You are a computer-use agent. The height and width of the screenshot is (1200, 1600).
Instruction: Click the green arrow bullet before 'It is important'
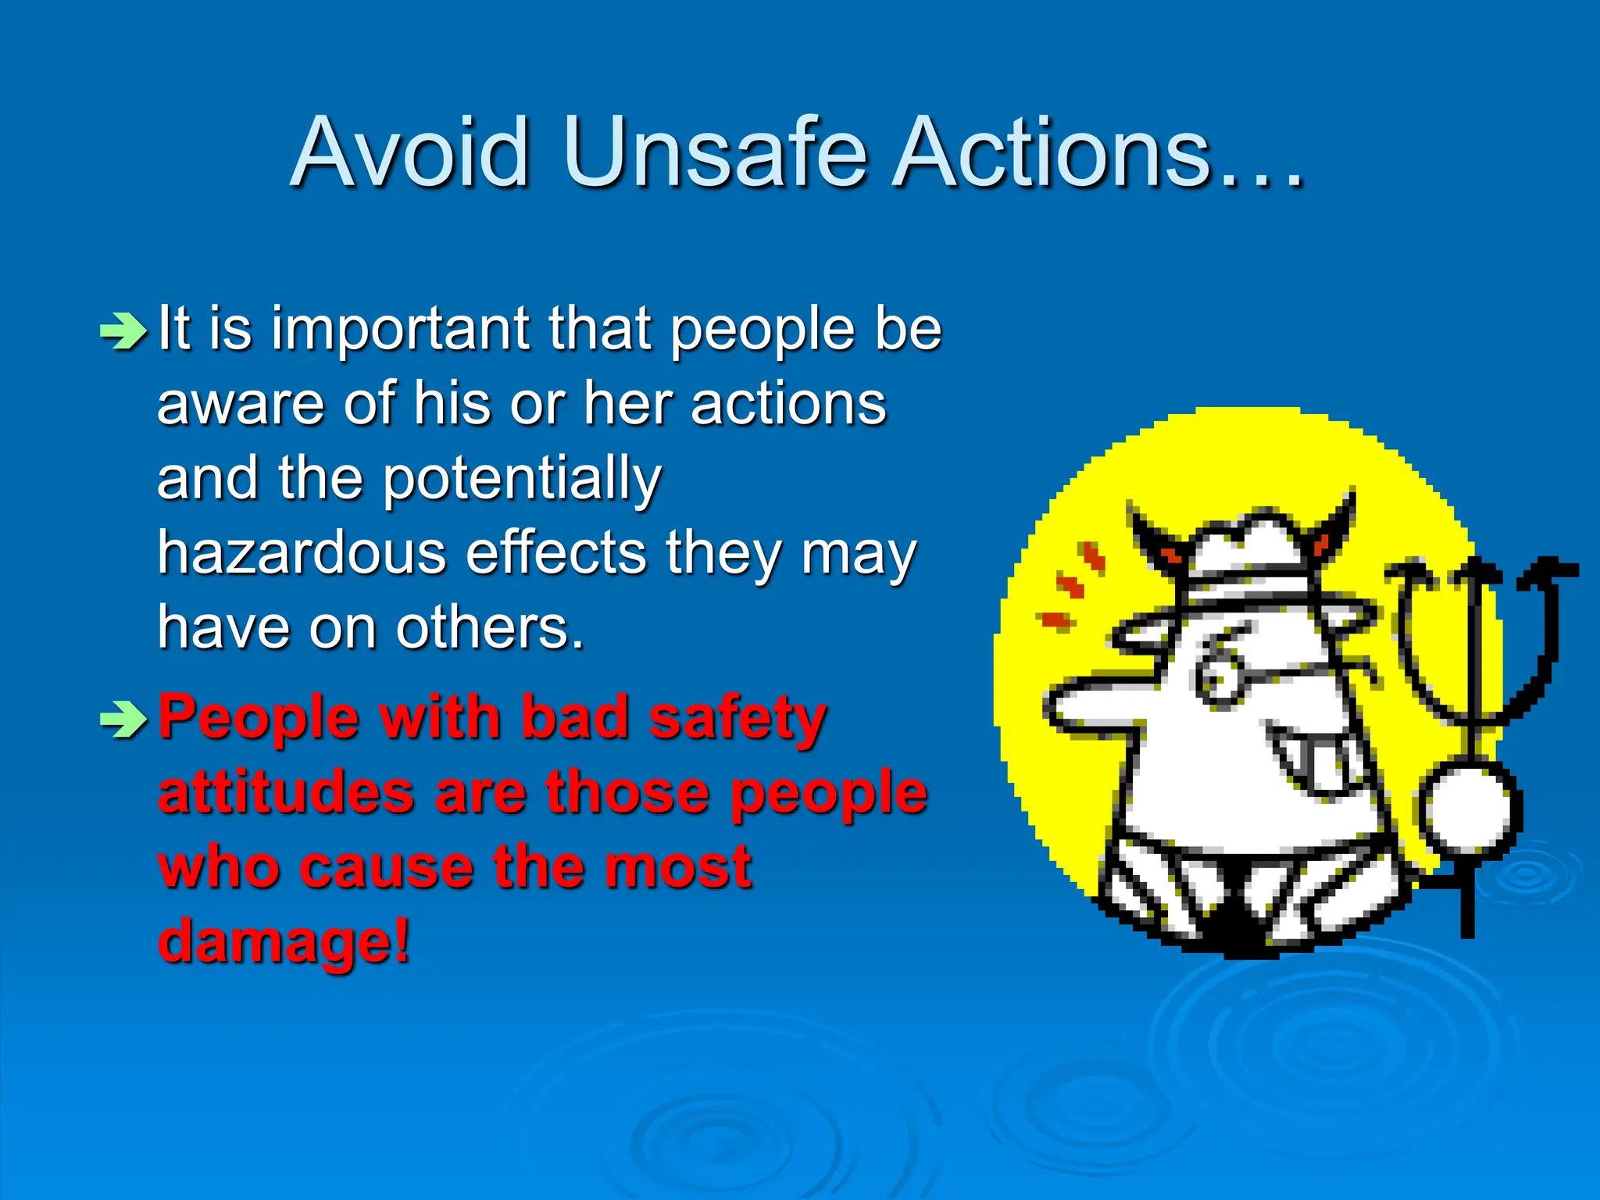tap(123, 331)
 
